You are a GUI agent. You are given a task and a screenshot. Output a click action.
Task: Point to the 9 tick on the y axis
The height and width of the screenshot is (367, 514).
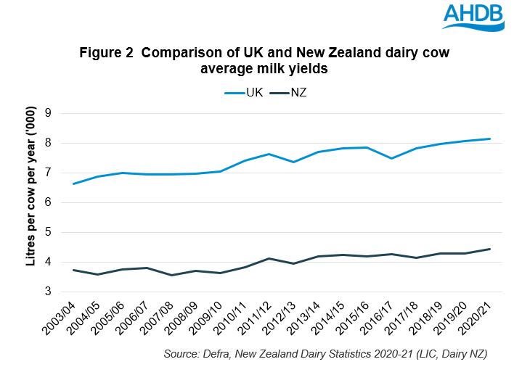pos(48,113)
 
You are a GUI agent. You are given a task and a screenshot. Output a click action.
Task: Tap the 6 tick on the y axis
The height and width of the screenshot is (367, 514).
pos(48,202)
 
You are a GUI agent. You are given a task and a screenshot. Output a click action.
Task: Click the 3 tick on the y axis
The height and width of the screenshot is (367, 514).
pos(48,292)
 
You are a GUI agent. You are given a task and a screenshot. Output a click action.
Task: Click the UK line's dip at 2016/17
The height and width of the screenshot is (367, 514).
pos(392,158)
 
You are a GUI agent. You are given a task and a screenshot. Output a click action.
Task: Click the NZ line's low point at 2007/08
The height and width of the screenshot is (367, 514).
pos(171,275)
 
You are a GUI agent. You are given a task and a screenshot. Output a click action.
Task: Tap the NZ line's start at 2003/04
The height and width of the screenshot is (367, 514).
pos(73,270)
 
